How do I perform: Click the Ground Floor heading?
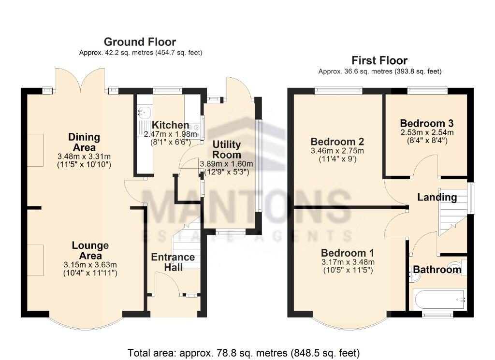click(140, 42)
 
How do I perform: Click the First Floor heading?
click(379, 60)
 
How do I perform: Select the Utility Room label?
click(227, 149)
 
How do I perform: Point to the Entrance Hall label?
click(173, 261)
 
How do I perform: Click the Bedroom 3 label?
click(426, 123)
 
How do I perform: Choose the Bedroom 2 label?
click(337, 142)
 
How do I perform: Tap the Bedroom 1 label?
click(348, 253)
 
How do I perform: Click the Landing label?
click(437, 197)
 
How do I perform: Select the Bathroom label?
click(437, 270)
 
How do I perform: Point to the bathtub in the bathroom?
click(439, 300)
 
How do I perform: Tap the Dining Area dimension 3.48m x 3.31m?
click(85, 156)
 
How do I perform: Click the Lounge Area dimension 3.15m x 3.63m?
click(91, 264)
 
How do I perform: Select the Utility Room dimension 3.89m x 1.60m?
click(227, 164)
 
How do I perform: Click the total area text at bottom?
click(244, 352)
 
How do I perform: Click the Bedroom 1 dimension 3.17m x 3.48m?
click(348, 262)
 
